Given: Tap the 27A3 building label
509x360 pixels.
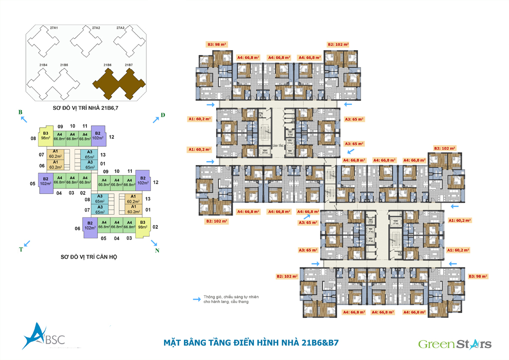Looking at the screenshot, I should click(120, 28).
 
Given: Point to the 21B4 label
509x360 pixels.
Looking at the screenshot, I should click(43, 65).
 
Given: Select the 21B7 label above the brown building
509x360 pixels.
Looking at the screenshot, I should click(129, 65).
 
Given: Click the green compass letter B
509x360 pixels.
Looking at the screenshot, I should click(20, 112).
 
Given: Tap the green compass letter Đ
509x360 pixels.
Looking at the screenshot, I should click(163, 116).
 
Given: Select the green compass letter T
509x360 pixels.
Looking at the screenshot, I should click(21, 249).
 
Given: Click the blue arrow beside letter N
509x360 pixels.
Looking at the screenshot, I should click(154, 243).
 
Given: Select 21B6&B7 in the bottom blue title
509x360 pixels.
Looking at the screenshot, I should click(316, 343).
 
